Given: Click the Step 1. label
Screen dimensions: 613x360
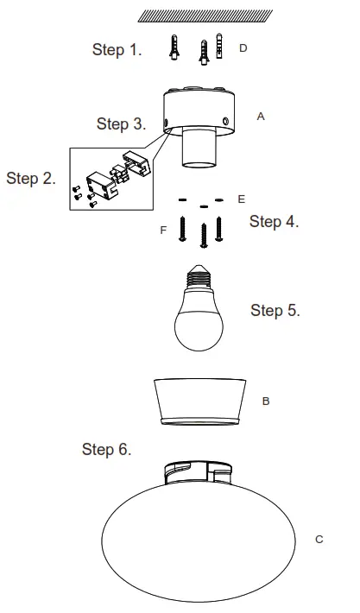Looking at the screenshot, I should tap(117, 50).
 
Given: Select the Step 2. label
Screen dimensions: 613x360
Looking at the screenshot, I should tap(31, 179).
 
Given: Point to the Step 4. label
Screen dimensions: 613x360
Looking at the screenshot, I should tap(274, 222).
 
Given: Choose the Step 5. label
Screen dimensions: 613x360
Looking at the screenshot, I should tap(275, 310).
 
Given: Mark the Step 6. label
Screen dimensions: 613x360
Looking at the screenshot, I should tap(106, 449).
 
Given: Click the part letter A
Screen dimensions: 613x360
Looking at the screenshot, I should tap(261, 115).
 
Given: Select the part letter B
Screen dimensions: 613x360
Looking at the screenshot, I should tap(266, 401).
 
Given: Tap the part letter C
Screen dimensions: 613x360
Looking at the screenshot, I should tap(319, 539).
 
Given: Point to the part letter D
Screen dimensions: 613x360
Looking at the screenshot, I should tap(243, 48).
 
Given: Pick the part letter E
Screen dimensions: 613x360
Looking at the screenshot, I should tap(241, 199).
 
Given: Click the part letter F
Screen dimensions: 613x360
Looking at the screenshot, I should tap(163, 231).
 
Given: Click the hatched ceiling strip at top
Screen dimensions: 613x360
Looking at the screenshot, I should tap(205, 16).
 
